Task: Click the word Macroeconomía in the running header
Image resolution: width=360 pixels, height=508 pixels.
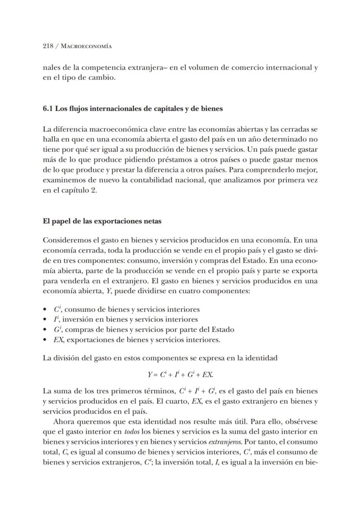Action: [86, 46]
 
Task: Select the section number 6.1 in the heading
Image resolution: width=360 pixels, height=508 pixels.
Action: [48, 109]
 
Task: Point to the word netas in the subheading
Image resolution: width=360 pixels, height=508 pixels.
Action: [153, 221]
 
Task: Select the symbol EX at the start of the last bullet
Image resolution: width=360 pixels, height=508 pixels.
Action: [58, 340]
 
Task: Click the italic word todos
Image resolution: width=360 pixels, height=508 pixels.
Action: [132, 431]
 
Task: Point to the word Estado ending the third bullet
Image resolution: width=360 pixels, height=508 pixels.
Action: [223, 330]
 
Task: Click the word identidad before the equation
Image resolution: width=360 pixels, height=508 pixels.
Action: [262, 358]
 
